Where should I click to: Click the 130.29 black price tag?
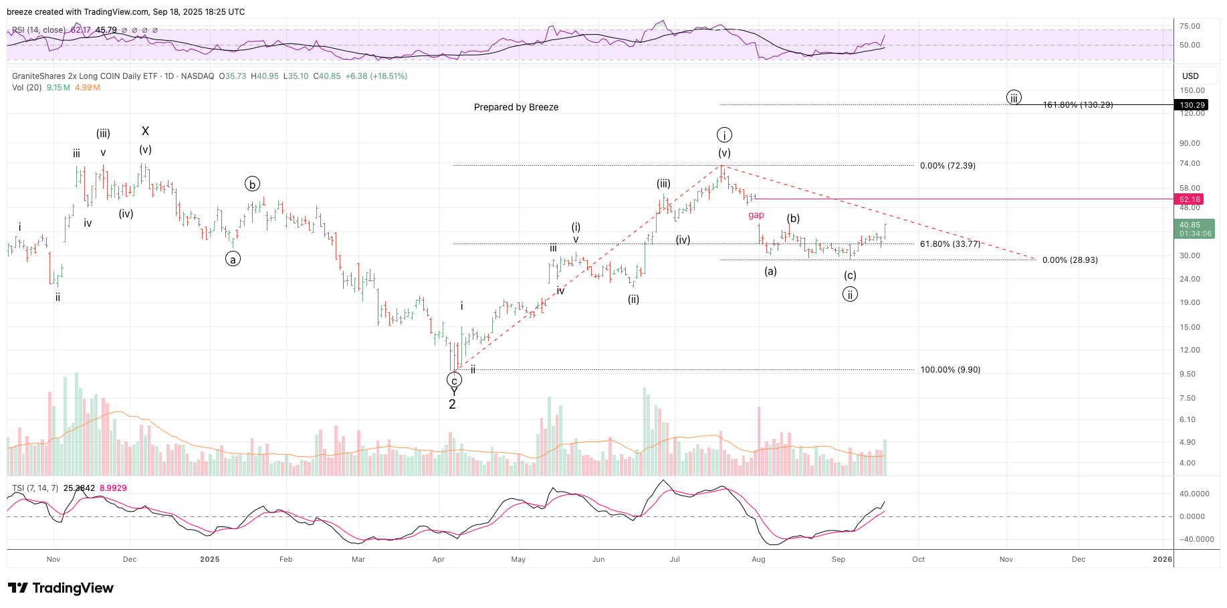click(1192, 105)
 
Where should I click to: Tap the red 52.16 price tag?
click(1190, 199)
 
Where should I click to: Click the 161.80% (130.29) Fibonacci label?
click(1078, 105)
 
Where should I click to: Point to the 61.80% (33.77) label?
click(950, 244)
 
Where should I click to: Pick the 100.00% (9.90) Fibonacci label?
click(950, 370)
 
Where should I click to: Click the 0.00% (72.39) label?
click(947, 166)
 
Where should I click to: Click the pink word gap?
click(756, 215)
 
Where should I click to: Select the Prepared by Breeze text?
click(516, 107)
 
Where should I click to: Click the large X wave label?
click(145, 131)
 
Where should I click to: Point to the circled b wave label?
click(252, 184)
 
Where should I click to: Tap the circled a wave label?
click(233, 259)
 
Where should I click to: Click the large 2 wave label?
click(452, 405)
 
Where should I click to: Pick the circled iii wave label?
click(1014, 98)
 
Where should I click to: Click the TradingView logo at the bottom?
click(61, 588)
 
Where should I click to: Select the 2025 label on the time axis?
click(209, 559)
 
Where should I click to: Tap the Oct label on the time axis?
click(918, 559)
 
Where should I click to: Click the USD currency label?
click(1190, 76)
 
